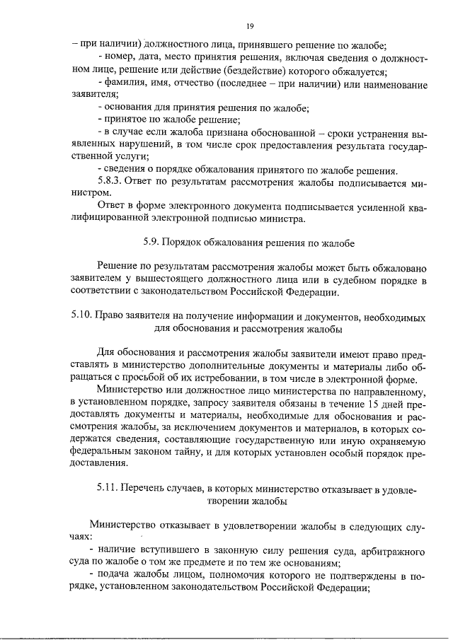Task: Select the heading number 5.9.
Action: pyautogui.click(x=151, y=243)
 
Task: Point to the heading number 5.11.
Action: pyautogui.click(x=106, y=489)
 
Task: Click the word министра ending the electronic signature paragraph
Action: pyautogui.click(x=284, y=219)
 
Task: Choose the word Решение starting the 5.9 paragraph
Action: pyautogui.click(x=121, y=268)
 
